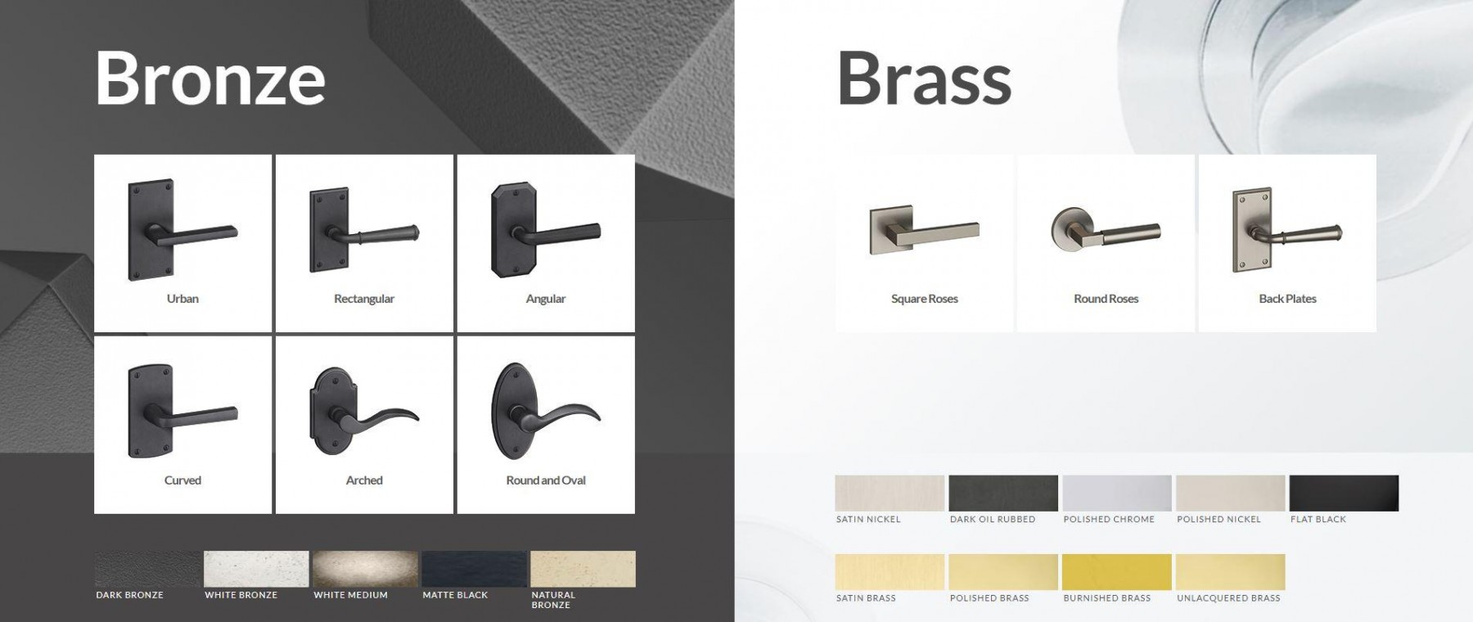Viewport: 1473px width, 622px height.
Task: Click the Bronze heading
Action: coord(210,78)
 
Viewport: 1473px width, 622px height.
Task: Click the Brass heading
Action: coord(924,78)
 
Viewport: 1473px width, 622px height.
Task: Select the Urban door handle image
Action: coord(182,230)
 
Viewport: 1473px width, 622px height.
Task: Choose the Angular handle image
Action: coord(546,230)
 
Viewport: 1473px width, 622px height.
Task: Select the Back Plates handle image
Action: coord(1287,230)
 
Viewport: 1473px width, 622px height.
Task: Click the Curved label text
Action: coord(182,480)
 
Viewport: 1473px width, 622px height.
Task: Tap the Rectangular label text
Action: coord(364,299)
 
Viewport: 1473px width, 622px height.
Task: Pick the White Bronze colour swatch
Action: coord(256,569)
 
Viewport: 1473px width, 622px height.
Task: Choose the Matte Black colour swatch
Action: coord(474,569)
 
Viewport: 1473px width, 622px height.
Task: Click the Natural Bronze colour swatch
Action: coord(583,569)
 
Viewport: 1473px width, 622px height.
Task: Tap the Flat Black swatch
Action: coord(1344,494)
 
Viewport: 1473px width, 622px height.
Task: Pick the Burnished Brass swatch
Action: coord(1117,572)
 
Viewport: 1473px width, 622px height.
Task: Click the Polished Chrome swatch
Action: coord(1117,494)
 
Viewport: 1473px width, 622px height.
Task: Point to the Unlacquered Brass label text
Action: coord(1228,598)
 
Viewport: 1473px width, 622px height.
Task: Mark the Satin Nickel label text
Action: coord(868,520)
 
